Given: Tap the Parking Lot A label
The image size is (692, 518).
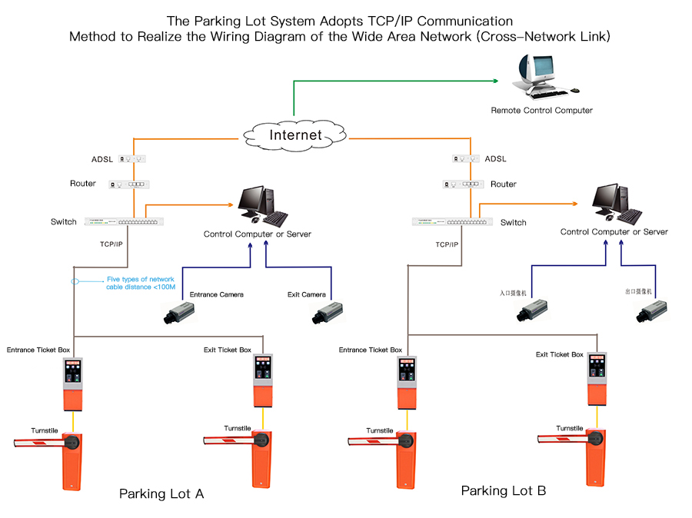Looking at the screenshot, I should tap(161, 493).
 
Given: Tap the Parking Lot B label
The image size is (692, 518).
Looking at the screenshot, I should tap(504, 490).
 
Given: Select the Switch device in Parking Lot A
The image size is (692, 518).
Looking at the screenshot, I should tap(122, 221).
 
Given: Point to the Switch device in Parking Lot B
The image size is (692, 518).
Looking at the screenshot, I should tap(451, 222).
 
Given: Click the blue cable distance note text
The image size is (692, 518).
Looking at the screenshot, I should tap(141, 283).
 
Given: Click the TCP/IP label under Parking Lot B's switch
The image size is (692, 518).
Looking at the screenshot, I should tap(447, 244).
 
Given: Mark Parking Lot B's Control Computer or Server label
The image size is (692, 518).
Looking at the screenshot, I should tap(614, 231).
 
